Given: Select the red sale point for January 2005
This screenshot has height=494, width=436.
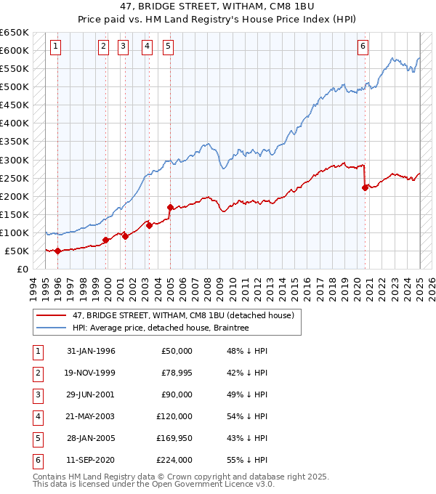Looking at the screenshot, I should pyautogui.click(x=170, y=207).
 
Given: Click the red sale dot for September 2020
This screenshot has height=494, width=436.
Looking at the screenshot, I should pyautogui.click(x=365, y=187).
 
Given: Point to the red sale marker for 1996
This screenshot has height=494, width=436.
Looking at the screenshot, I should pyautogui.click(x=57, y=251).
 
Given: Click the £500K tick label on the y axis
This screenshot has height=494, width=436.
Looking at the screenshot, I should pyautogui.click(x=15, y=86).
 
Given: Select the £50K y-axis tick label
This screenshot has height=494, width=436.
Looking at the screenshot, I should pyautogui.click(x=17, y=251).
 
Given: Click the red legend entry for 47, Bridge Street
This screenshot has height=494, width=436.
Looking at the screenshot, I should pyautogui.click(x=182, y=315).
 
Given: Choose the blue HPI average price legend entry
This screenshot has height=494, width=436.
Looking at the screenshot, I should pyautogui.click(x=160, y=328).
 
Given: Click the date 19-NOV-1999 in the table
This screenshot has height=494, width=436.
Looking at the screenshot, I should pyautogui.click(x=91, y=373).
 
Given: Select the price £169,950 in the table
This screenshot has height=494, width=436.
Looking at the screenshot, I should pyautogui.click(x=174, y=438).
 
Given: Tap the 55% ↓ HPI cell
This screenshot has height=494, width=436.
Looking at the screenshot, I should pyautogui.click(x=247, y=460).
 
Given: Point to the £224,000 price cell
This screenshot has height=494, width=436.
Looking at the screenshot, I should pyautogui.click(x=174, y=460).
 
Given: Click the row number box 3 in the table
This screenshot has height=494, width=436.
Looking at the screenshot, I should pyautogui.click(x=37, y=394).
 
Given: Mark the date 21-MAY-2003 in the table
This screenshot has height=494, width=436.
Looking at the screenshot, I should pyautogui.click(x=91, y=416).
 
